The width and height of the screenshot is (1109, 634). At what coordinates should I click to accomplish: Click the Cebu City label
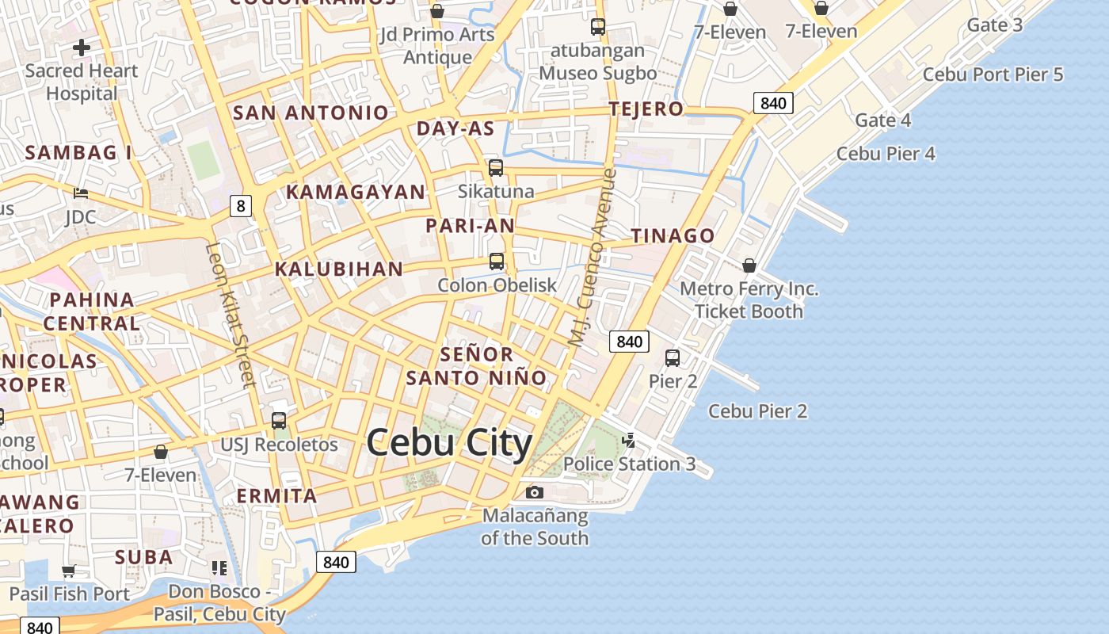pos(449,442)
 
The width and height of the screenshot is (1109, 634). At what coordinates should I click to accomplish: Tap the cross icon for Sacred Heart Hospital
pos(82,48)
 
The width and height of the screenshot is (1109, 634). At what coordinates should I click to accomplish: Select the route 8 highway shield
pos(241,207)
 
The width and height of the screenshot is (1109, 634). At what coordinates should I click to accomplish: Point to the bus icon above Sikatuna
pos(496,168)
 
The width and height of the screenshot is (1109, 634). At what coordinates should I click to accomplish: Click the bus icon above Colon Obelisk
pos(497,262)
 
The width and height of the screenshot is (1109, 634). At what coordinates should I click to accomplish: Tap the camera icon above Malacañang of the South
pos(535,493)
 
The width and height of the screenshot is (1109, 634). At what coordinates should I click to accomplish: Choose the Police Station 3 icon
pos(629,440)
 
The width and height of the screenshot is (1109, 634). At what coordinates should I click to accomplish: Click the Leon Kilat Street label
pos(231,315)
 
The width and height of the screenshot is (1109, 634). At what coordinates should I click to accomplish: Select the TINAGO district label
pos(673,235)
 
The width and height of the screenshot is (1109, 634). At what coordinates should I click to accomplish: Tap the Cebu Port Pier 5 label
pos(993,74)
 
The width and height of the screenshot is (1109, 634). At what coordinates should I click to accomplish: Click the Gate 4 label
pos(882,120)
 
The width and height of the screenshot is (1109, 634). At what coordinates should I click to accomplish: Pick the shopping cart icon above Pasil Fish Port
pos(69,571)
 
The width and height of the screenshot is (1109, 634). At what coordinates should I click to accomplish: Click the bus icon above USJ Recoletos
pos(279,421)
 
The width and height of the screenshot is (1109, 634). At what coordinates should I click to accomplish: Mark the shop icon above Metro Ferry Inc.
pos(749,265)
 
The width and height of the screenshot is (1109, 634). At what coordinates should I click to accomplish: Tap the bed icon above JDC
pos(81,193)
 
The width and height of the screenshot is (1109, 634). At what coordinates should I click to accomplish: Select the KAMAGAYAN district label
pos(356,192)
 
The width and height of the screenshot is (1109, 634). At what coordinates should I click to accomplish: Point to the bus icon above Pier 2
pos(673,358)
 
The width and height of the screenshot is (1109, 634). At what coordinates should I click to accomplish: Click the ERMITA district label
pos(277,496)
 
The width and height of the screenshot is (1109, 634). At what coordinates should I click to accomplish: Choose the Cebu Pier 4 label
pos(886,154)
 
